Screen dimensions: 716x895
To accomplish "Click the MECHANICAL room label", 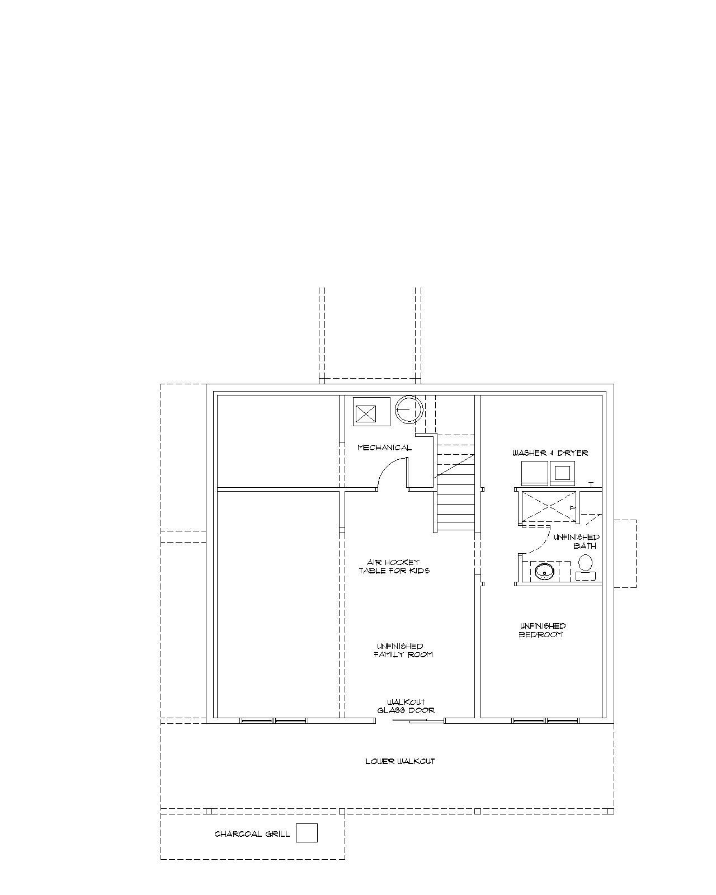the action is [x=384, y=447].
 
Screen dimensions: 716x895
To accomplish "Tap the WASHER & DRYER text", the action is [x=550, y=453].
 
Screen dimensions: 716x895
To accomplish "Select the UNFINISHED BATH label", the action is [x=577, y=541].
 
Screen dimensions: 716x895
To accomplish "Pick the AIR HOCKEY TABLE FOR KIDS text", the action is [x=394, y=567].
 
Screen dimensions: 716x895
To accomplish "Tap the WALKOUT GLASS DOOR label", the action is [x=406, y=706].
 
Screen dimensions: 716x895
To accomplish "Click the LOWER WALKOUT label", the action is [x=400, y=761].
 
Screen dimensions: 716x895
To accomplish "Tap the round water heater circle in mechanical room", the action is [x=409, y=409].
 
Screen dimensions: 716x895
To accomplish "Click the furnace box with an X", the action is [x=366, y=414].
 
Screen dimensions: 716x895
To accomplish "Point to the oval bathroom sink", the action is [x=544, y=572].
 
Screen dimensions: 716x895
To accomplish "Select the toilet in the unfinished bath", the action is [x=585, y=567].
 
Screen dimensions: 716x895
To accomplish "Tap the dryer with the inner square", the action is [x=562, y=473].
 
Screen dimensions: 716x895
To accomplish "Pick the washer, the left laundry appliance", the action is [x=535, y=473].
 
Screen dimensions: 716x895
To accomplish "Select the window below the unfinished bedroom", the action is [x=545, y=720].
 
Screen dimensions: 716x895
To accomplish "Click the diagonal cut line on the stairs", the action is [x=454, y=466].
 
